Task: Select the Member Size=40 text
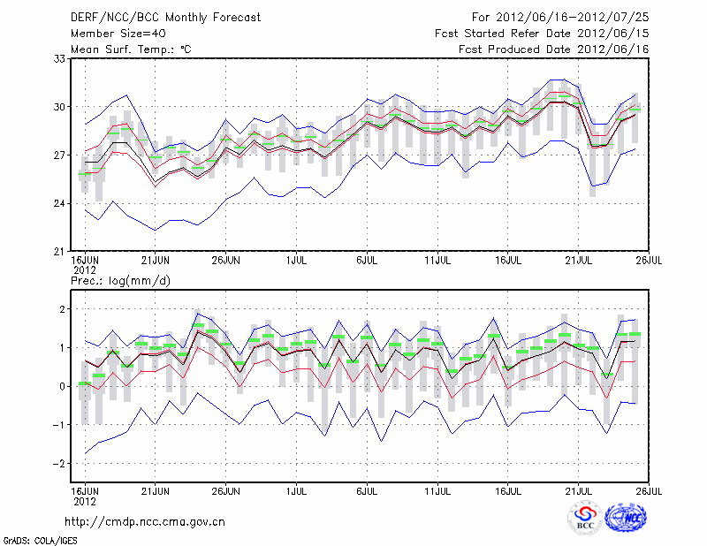point(112,33)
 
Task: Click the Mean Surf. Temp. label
point(131,49)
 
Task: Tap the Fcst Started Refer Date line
point(542,33)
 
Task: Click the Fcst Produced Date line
point(553,49)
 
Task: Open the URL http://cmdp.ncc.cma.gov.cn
point(146,521)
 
